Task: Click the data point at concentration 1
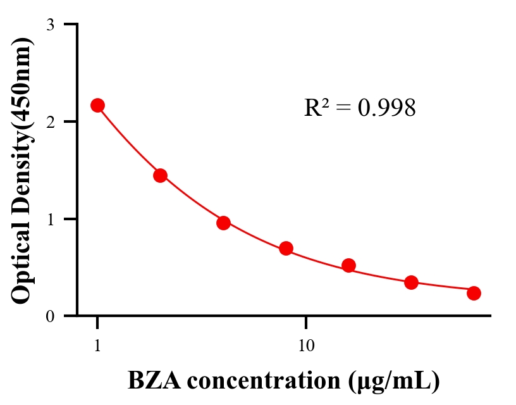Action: (97, 105)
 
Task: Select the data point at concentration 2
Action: (160, 175)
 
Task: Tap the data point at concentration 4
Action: (223, 223)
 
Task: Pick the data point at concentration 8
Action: (286, 248)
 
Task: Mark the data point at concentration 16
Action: (348, 265)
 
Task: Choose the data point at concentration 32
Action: (411, 282)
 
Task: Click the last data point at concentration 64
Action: (474, 293)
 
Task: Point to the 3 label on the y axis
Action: (51, 25)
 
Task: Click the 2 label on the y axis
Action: (51, 121)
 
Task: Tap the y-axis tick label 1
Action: (51, 219)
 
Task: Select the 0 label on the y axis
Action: (51, 316)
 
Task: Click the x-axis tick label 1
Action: (97, 346)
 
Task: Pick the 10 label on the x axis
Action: (305, 346)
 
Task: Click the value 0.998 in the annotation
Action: (386, 108)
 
